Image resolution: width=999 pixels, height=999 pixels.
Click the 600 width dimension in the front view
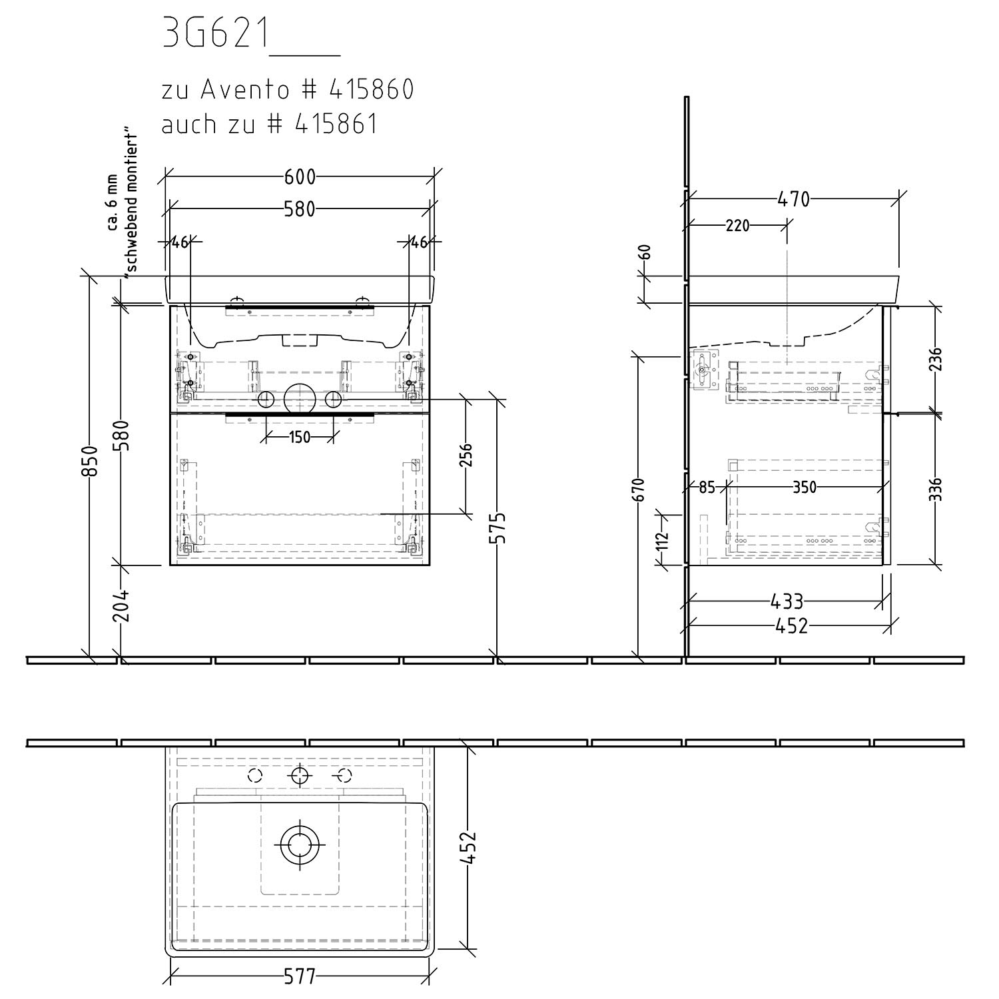(x=300, y=176)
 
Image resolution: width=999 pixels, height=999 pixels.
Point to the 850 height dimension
(x=91, y=460)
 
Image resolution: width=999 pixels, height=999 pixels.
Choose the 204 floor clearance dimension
(x=121, y=605)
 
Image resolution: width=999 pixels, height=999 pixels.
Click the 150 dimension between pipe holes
(x=300, y=438)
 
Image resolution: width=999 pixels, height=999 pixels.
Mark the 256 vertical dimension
(x=466, y=456)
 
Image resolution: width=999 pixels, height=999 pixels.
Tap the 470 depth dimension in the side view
(x=793, y=198)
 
